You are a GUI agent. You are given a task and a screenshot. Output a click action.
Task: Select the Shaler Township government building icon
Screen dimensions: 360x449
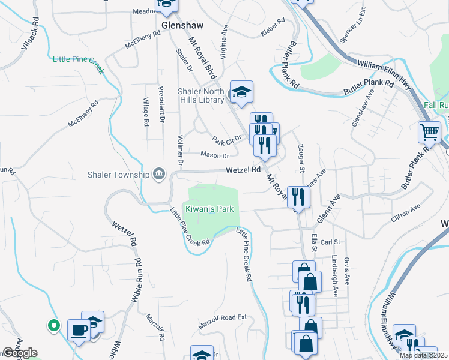click(159, 175)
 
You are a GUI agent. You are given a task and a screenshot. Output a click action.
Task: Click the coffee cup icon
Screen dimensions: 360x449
click(79, 329)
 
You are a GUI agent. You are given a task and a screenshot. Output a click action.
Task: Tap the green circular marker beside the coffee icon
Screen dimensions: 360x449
click(53, 326)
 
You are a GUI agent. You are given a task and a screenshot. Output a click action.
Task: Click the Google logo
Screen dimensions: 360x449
click(20, 353)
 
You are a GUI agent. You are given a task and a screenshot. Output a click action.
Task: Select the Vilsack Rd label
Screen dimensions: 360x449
click(31, 33)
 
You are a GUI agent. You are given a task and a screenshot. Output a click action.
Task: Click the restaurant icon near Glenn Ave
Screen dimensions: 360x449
click(298, 196)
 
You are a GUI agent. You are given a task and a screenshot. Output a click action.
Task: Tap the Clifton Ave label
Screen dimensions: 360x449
click(406, 211)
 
